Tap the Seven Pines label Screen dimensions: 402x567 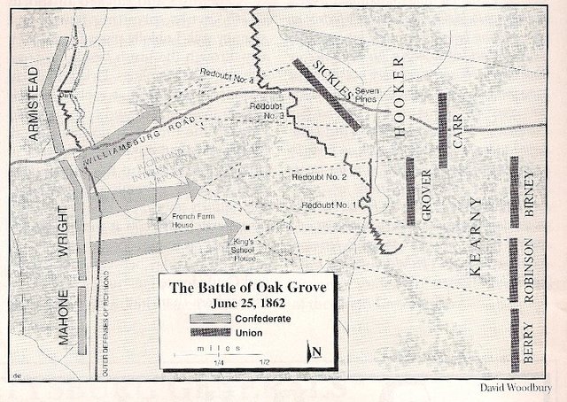tap(368, 94)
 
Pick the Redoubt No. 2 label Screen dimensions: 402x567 tap(316, 178)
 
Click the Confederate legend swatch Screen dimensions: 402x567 tap(210, 318)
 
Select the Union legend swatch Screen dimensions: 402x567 tap(210, 332)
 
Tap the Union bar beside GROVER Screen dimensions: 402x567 tap(409, 189)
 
